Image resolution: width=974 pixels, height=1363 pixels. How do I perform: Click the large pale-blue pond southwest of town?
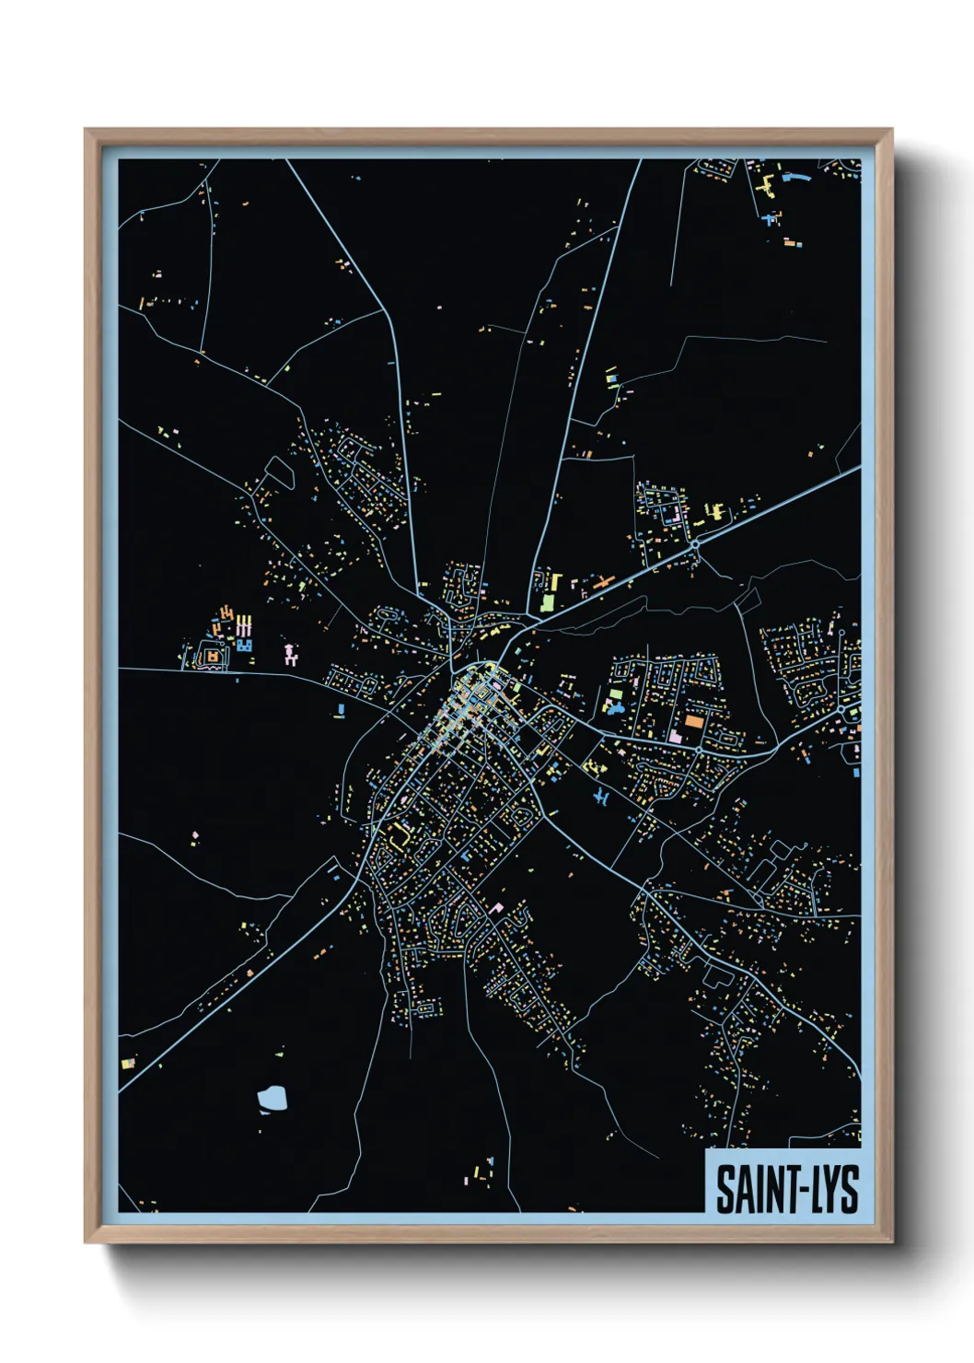pyautogui.click(x=272, y=1097)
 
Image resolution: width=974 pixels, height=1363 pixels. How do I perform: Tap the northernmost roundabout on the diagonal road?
pyautogui.click(x=695, y=544)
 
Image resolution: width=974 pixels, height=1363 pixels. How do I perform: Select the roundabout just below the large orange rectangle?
pyautogui.click(x=699, y=751)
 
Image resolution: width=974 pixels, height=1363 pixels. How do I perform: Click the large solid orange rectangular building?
pyautogui.click(x=693, y=721)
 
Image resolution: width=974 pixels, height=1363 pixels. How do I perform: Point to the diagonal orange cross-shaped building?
pyautogui.click(x=603, y=583)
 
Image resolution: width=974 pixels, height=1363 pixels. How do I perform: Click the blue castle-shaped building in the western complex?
pyautogui.click(x=244, y=645)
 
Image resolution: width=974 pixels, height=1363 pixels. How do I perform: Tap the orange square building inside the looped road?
pyautogui.click(x=214, y=656)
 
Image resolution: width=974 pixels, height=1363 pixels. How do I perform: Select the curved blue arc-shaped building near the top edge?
pyautogui.click(x=797, y=176)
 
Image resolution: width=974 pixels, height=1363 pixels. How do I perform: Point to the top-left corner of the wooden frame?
pyautogui.click(x=86, y=130)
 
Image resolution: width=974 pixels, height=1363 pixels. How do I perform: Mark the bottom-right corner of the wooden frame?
pyautogui.click(x=891, y=1241)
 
